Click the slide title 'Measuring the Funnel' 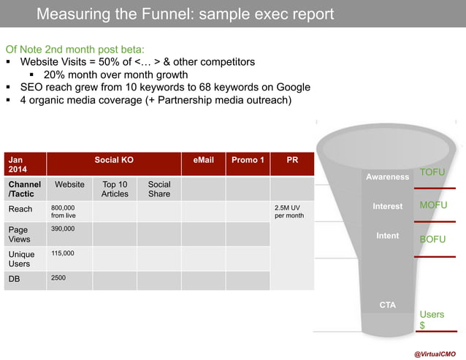tap(185, 14)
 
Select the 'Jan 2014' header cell tap(25, 164)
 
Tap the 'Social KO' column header tap(114, 160)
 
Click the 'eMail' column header tap(203, 160)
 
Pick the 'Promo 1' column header tap(248, 160)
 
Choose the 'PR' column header tap(292, 160)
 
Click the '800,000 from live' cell tap(69, 212)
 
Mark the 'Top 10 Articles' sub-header tap(115, 189)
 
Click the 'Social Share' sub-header tap(158, 189)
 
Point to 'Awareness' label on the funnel tap(387, 177)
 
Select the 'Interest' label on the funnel tap(387, 207)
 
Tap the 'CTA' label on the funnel tap(387, 305)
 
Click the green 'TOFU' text tap(432, 172)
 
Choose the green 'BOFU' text tap(432, 239)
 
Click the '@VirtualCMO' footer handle tap(435, 353)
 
